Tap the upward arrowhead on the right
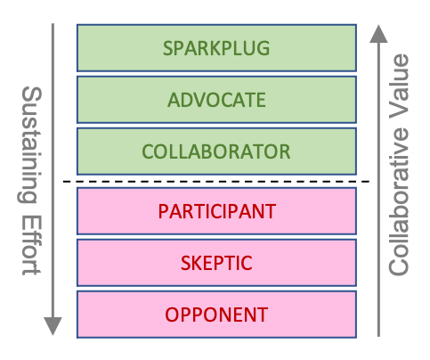379,34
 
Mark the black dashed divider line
218,182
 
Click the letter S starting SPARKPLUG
166,48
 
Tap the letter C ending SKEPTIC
249,264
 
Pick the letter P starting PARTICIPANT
163,212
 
